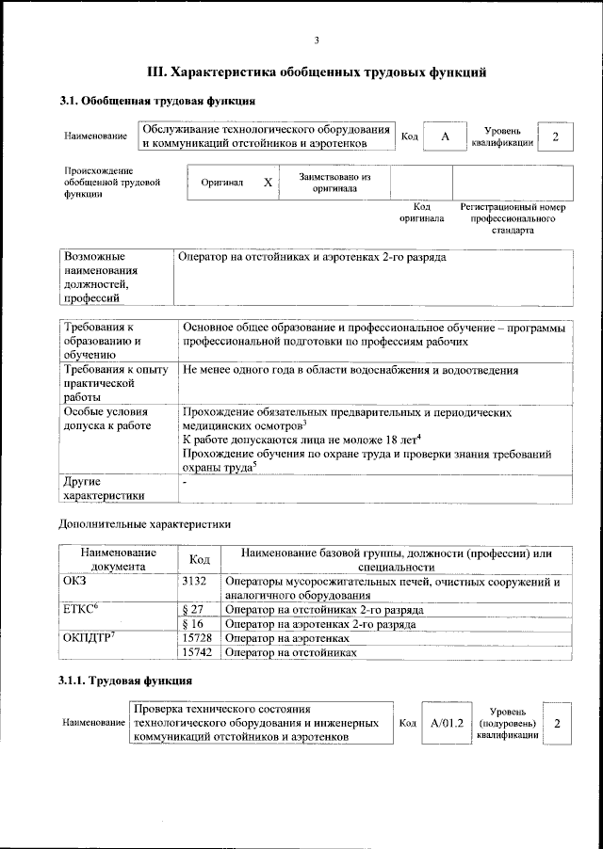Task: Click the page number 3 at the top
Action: tap(317, 40)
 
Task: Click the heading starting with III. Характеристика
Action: tap(317, 72)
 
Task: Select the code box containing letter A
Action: tap(445, 136)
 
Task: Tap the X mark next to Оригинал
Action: tap(268, 183)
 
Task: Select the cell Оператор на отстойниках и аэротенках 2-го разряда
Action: tap(313, 257)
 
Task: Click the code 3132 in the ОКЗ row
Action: tap(194, 583)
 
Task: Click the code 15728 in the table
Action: tap(197, 638)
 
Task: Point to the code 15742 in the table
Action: tap(197, 652)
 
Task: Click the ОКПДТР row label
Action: tap(88, 638)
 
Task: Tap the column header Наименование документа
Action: tap(118, 560)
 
